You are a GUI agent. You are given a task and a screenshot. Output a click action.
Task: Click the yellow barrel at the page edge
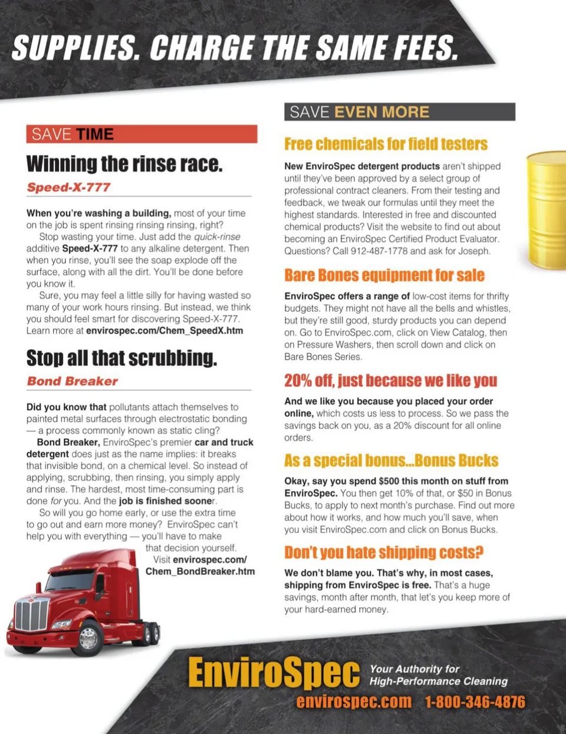click(x=547, y=209)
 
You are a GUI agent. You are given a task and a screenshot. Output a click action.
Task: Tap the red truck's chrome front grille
click(x=31, y=615)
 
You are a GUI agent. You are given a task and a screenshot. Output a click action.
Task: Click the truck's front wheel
click(x=88, y=638)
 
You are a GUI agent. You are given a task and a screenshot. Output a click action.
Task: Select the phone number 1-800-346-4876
click(x=475, y=702)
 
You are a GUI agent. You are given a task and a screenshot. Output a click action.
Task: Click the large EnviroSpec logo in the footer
click(x=274, y=673)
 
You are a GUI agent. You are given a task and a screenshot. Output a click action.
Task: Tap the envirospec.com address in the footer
click(x=354, y=702)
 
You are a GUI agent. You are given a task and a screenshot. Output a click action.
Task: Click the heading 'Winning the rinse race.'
click(x=124, y=164)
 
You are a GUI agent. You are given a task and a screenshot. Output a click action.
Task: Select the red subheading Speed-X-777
click(x=68, y=187)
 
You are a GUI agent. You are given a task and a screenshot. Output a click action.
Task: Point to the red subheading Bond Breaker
click(x=72, y=381)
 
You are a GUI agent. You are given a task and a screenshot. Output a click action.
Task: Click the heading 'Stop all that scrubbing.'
click(x=121, y=358)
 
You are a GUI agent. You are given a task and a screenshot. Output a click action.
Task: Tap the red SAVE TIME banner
click(x=141, y=134)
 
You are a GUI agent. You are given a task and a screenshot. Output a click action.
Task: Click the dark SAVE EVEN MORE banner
click(x=399, y=112)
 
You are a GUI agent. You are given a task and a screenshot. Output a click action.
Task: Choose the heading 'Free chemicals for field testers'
click(x=386, y=144)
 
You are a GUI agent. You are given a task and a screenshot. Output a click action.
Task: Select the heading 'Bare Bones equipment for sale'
click(x=384, y=275)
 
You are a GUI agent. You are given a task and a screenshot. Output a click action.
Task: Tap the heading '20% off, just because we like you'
click(x=390, y=381)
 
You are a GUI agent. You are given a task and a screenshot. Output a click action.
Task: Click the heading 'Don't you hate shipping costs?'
click(x=383, y=552)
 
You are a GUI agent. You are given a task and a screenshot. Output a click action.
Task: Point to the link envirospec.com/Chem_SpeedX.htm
click(x=164, y=331)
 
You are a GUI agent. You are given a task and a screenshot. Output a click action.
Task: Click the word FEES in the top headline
click(x=420, y=48)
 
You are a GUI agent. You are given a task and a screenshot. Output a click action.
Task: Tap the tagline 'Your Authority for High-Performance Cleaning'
click(x=438, y=675)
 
